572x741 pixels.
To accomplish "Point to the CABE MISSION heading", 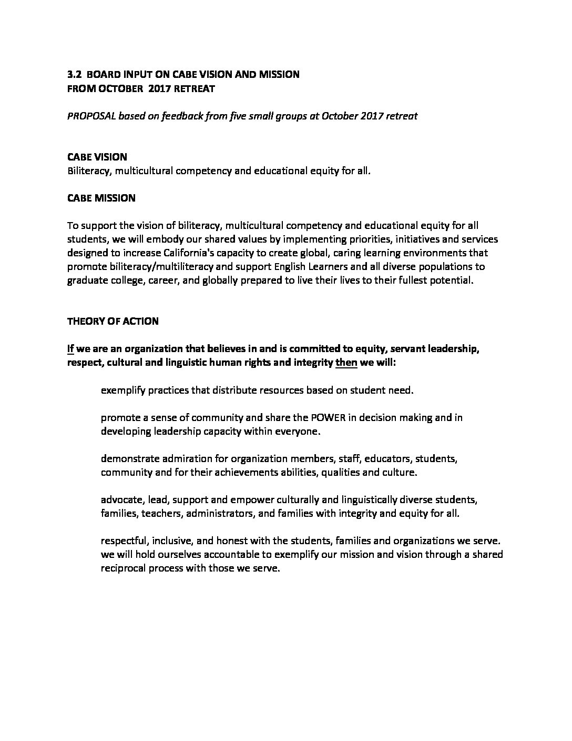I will [x=101, y=198].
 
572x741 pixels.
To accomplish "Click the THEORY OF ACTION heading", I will [x=113, y=321].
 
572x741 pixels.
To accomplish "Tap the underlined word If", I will [x=70, y=348].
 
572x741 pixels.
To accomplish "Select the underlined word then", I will [x=346, y=363].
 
